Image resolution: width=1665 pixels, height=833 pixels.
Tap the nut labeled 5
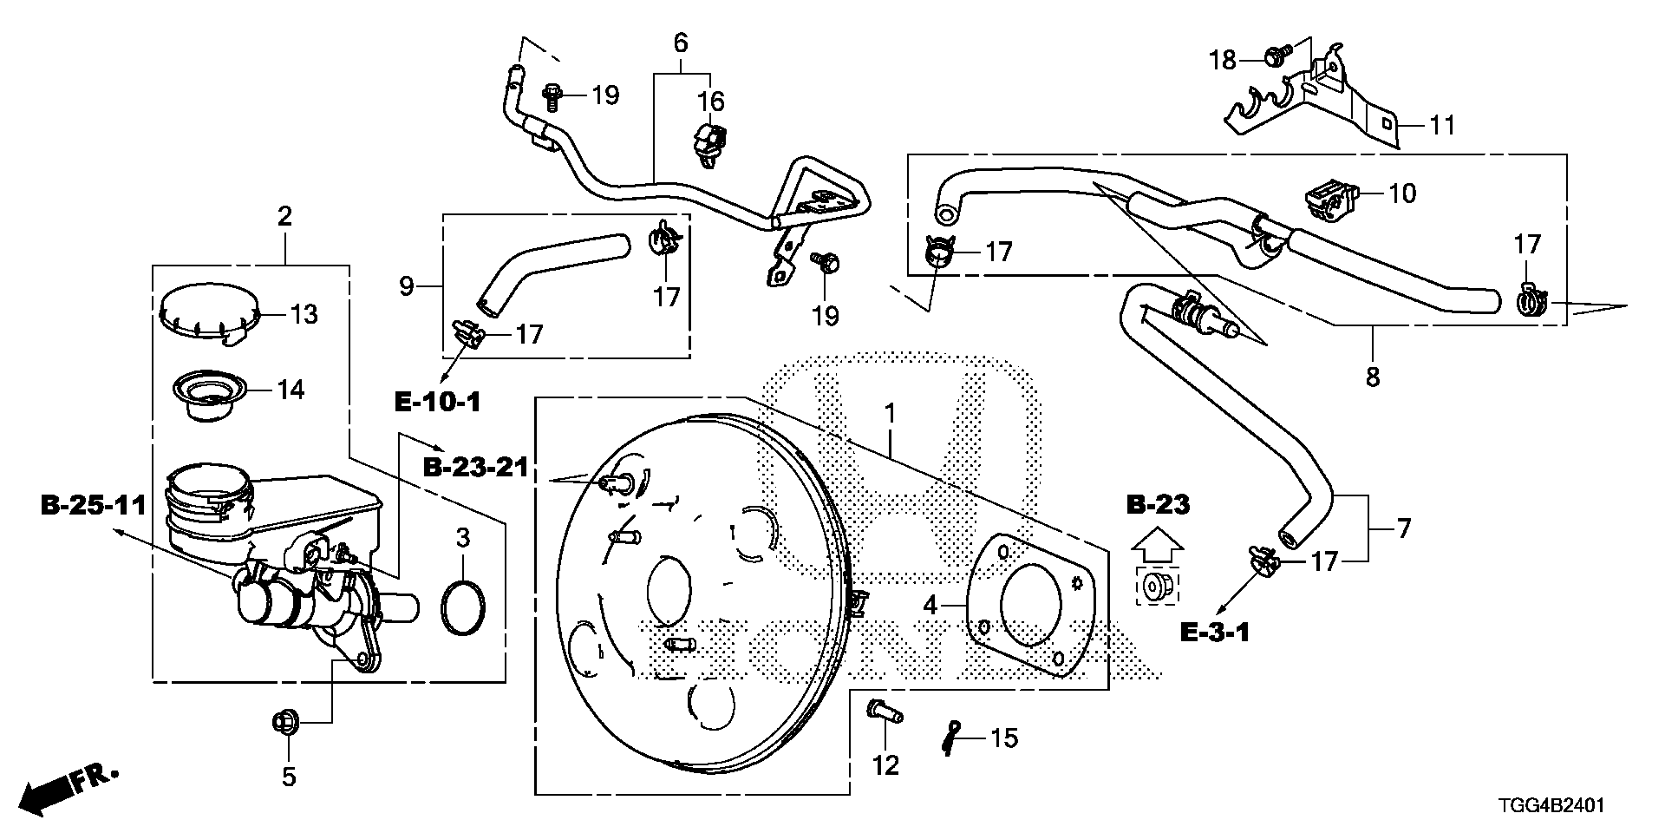click(x=285, y=720)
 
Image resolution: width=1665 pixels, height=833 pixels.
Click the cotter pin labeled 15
click(x=954, y=738)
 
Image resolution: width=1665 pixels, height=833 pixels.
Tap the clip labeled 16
click(x=710, y=143)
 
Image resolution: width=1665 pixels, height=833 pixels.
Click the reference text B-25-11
click(x=93, y=505)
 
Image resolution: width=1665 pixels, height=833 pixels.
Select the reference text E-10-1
click(x=437, y=401)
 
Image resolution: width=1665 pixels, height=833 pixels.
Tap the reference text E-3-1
click(x=1214, y=633)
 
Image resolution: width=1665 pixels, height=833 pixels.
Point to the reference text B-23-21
click(x=475, y=467)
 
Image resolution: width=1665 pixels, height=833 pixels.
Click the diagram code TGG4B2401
click(x=1552, y=806)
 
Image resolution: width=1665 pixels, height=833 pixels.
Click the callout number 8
click(x=1372, y=377)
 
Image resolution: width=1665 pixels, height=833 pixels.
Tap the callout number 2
click(x=284, y=192)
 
